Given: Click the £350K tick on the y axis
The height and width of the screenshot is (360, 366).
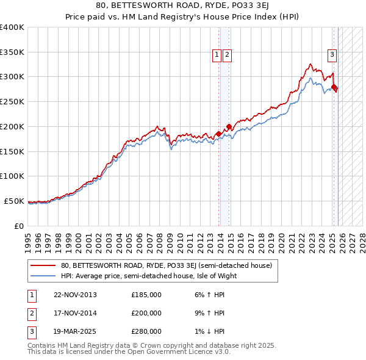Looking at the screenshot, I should [x=12, y=52].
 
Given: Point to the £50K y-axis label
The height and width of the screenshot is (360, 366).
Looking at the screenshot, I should [x=14, y=201].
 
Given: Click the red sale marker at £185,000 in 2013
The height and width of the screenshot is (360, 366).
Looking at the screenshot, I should [x=218, y=134].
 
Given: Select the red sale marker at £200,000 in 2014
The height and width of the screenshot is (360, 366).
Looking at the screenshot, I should [x=229, y=127].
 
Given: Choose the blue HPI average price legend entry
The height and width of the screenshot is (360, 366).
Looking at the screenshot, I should [x=148, y=276].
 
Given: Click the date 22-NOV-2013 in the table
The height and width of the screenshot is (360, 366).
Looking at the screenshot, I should [x=75, y=295].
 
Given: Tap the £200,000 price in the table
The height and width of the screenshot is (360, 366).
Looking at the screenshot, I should [x=146, y=313].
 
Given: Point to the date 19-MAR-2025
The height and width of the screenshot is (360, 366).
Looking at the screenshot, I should [x=75, y=331].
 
